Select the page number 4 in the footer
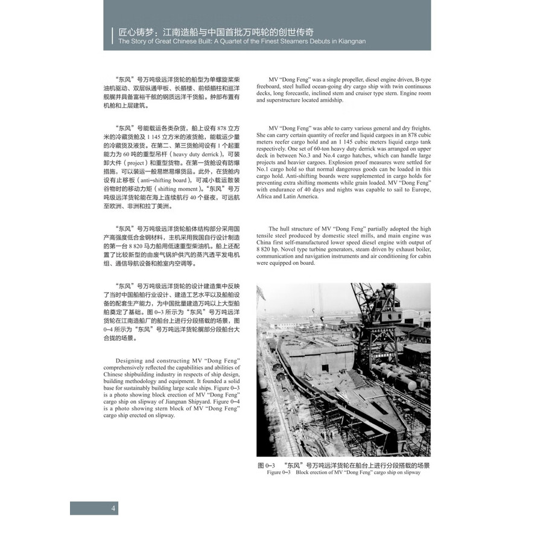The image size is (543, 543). pyautogui.click(x=113, y=507)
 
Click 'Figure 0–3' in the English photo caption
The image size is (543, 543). pyautogui.click(x=278, y=472)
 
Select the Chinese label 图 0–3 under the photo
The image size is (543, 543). pyautogui.click(x=266, y=465)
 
